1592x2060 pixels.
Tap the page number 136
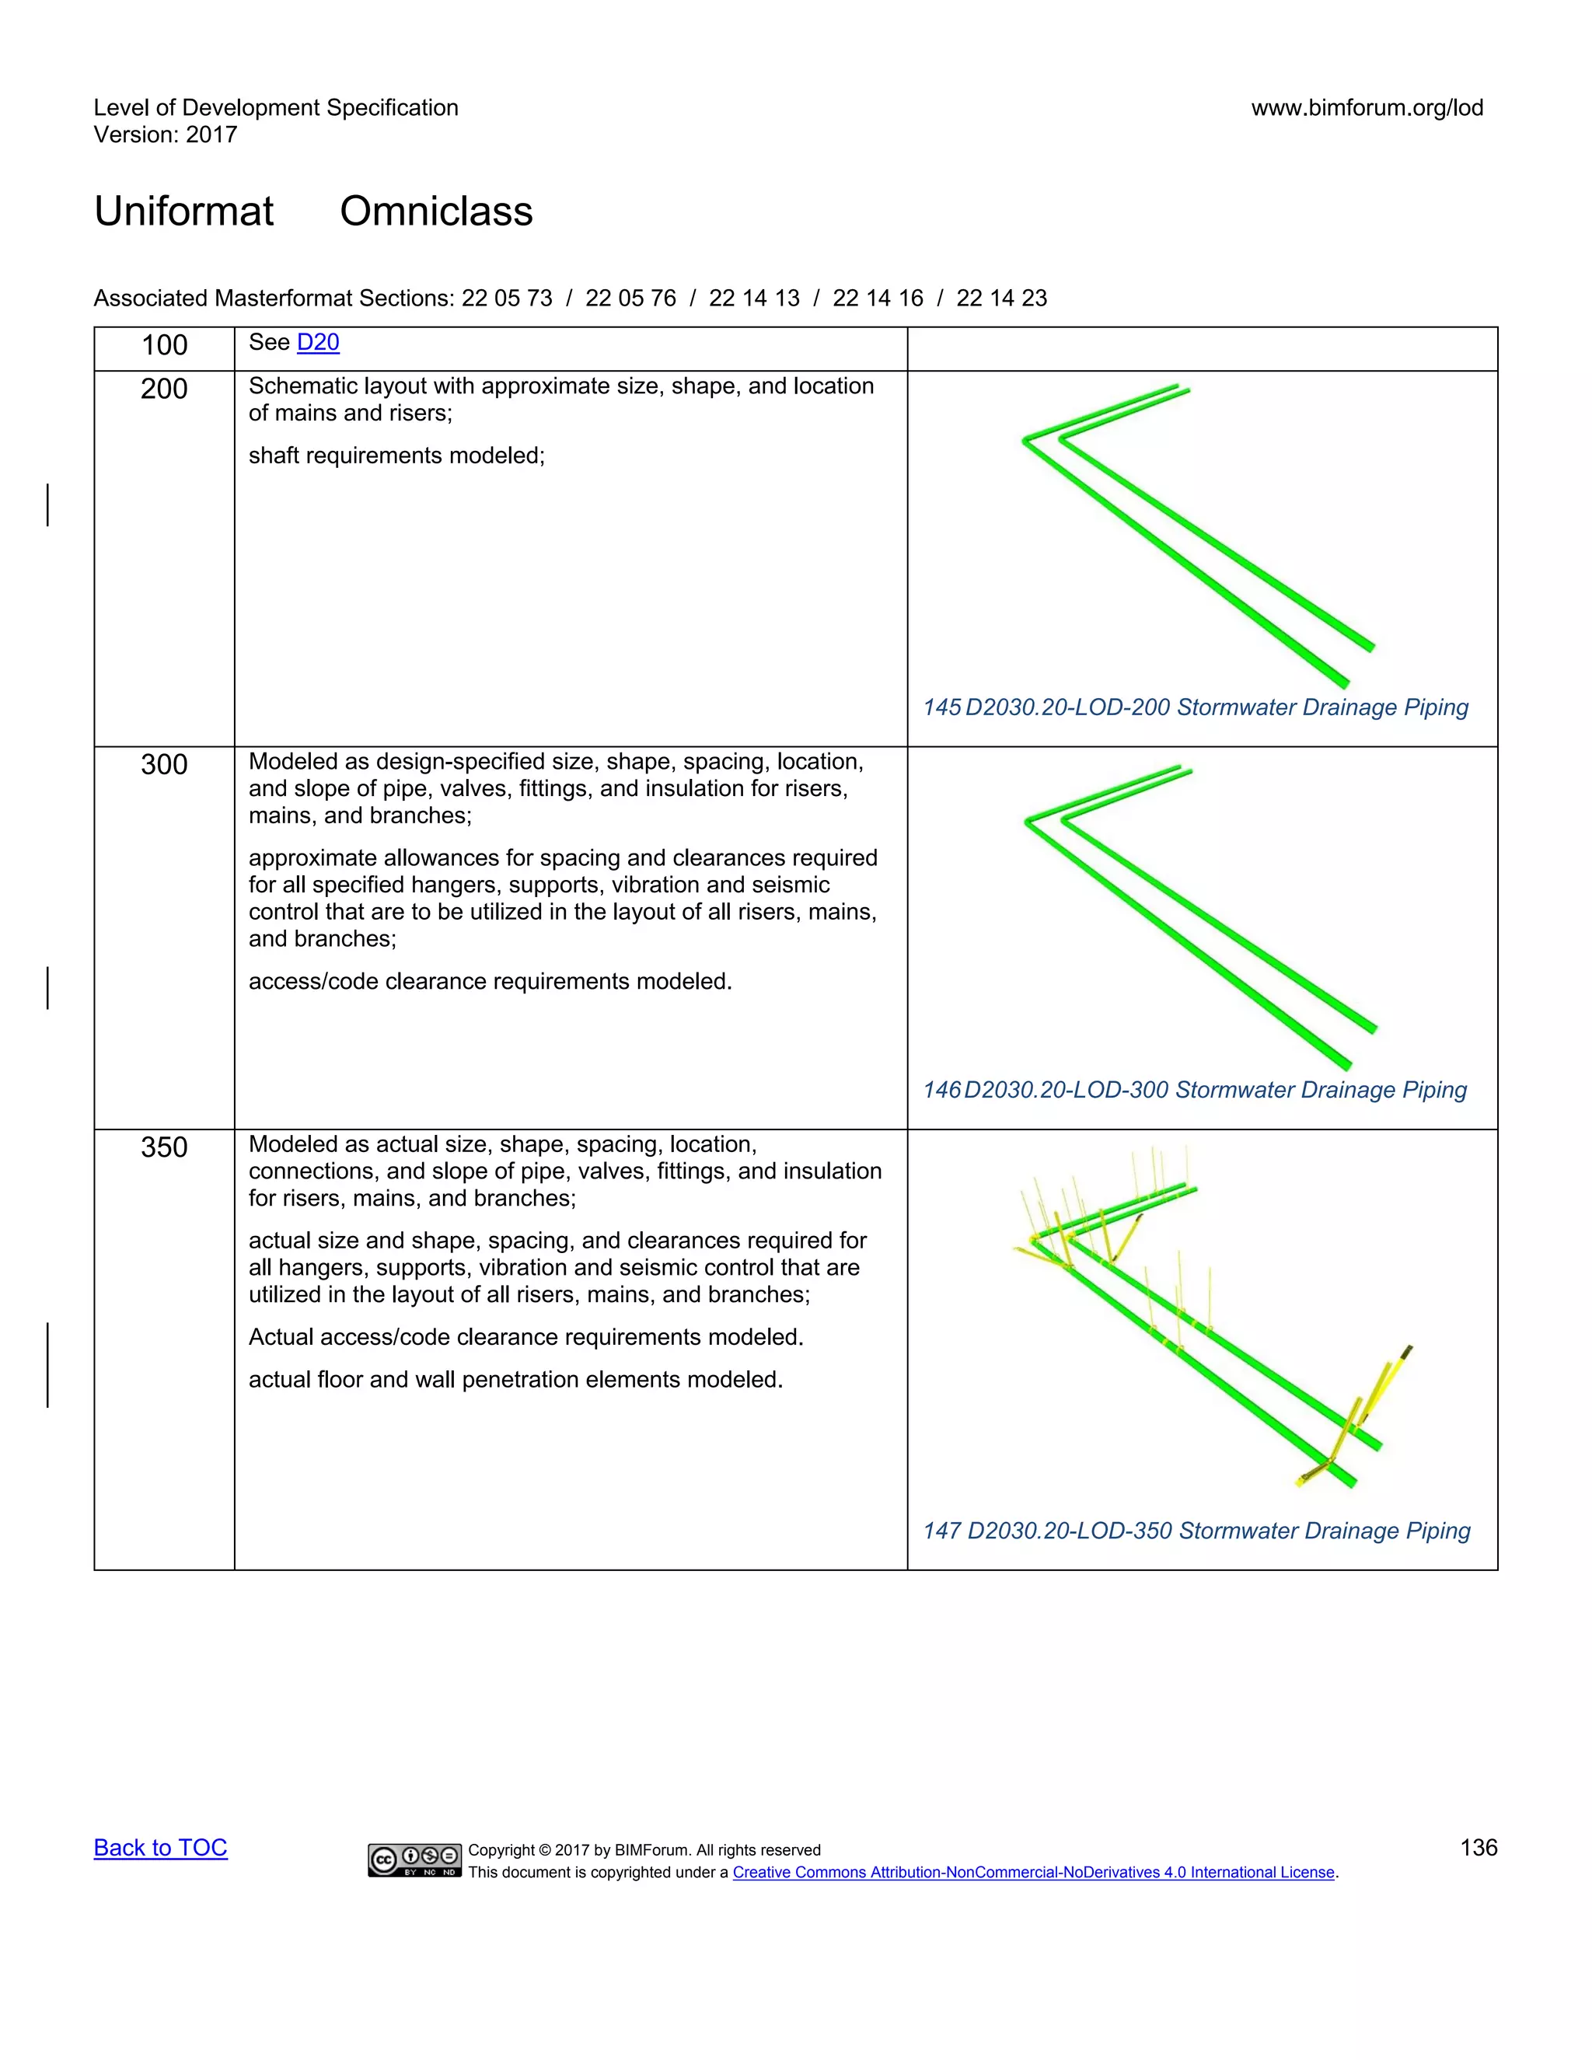pyautogui.click(x=1478, y=1847)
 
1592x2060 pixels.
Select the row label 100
pyautogui.click(x=164, y=345)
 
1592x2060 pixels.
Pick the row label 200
pyautogui.click(x=164, y=389)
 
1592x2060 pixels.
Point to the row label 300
pyautogui.click(x=164, y=764)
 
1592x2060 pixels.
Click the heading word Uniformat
pyautogui.click(x=184, y=211)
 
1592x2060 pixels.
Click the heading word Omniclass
pyautogui.click(x=436, y=211)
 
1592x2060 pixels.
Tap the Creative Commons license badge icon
pyautogui.click(x=415, y=1859)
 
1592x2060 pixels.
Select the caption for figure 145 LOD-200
pyautogui.click(x=1195, y=707)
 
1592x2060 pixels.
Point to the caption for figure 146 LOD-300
pyautogui.click(x=1194, y=1091)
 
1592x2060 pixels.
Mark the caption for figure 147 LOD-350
pyautogui.click(x=1196, y=1531)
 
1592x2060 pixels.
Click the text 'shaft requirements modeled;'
pyautogui.click(x=397, y=456)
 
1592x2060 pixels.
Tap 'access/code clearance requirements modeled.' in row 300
pyautogui.click(x=491, y=982)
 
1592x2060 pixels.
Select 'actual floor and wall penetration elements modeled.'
pyautogui.click(x=516, y=1380)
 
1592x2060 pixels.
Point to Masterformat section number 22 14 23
pyautogui.click(x=1000, y=298)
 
